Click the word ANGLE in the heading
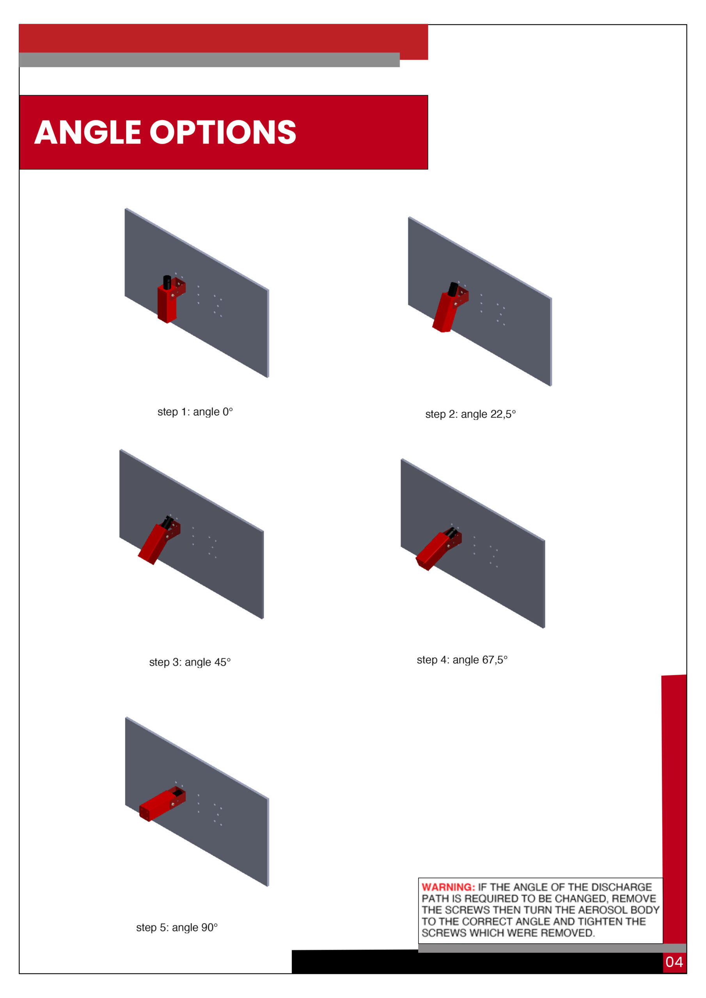tap(87, 132)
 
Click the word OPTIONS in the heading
tap(223, 132)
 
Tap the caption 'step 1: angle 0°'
tap(195, 412)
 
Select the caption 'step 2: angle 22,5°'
tap(470, 414)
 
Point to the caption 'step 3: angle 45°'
tap(190, 662)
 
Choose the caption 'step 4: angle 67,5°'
tap(462, 660)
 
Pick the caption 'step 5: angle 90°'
tap(177, 927)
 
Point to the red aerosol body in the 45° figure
tap(155, 543)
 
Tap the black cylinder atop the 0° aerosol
tap(167, 282)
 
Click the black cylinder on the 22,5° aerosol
tap(453, 289)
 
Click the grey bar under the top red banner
tap(209, 60)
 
